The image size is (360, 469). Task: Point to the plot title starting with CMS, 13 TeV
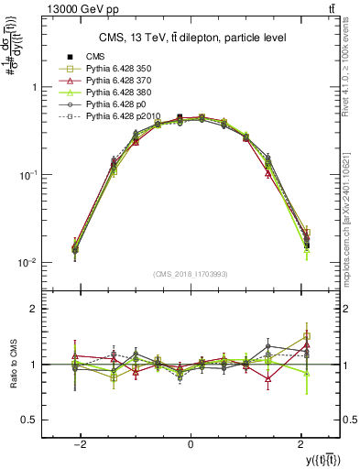click(192, 38)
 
